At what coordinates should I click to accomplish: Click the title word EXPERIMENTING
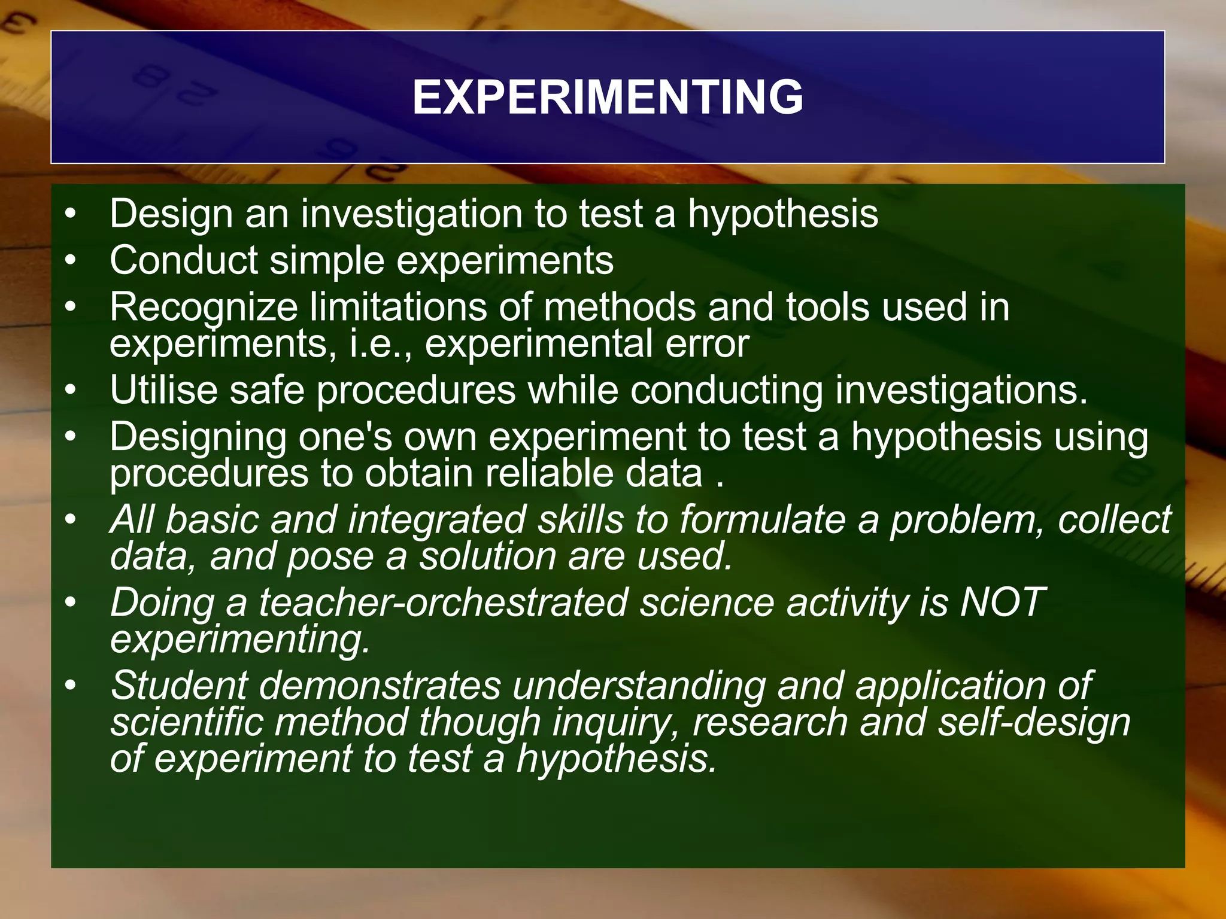click(x=608, y=97)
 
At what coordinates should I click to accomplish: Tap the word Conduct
click(x=184, y=260)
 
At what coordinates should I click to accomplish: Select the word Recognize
click(x=204, y=308)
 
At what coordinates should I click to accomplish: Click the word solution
click(x=487, y=556)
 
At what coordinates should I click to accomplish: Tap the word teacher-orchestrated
click(x=443, y=602)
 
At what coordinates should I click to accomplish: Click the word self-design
click(x=1033, y=722)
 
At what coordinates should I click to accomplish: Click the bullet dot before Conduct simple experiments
click(x=71, y=260)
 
